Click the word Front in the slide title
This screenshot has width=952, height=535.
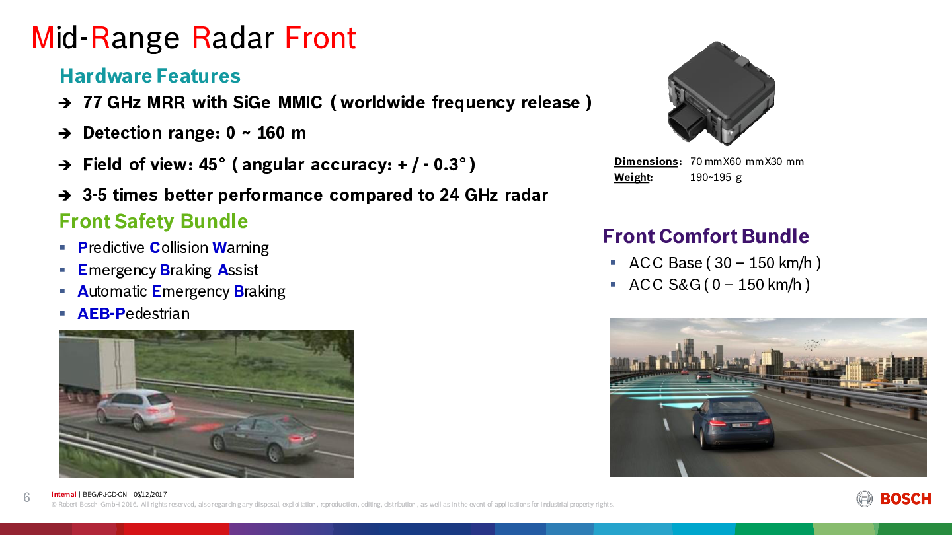point(320,38)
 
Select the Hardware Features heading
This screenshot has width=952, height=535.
point(150,76)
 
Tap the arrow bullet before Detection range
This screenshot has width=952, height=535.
point(65,133)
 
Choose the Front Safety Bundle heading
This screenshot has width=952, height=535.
point(153,221)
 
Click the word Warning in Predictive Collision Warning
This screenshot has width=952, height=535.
point(241,248)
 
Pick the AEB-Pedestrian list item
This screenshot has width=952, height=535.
point(134,314)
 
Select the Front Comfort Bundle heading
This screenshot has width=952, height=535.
point(706,236)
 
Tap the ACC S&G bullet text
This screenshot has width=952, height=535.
point(719,285)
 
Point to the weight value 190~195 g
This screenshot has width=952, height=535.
point(716,177)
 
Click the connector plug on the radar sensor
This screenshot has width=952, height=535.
point(686,123)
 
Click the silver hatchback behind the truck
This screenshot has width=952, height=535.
point(135,410)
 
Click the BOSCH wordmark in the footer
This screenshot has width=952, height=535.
point(906,499)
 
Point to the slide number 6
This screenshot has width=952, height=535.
point(26,497)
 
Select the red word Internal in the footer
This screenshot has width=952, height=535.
point(63,494)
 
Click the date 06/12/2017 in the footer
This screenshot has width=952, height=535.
point(150,494)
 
